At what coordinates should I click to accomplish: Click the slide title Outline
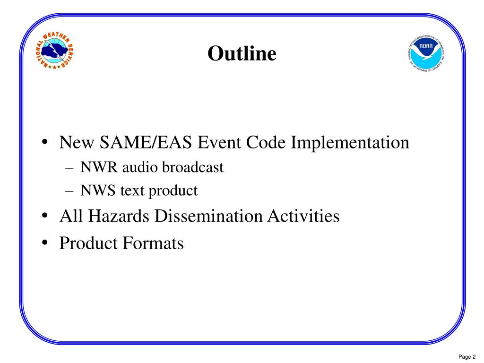(242, 53)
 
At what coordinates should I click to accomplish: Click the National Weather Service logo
(56, 51)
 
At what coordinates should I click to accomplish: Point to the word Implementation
(349, 142)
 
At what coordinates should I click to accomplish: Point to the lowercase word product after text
(173, 191)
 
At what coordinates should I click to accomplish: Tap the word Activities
(303, 216)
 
